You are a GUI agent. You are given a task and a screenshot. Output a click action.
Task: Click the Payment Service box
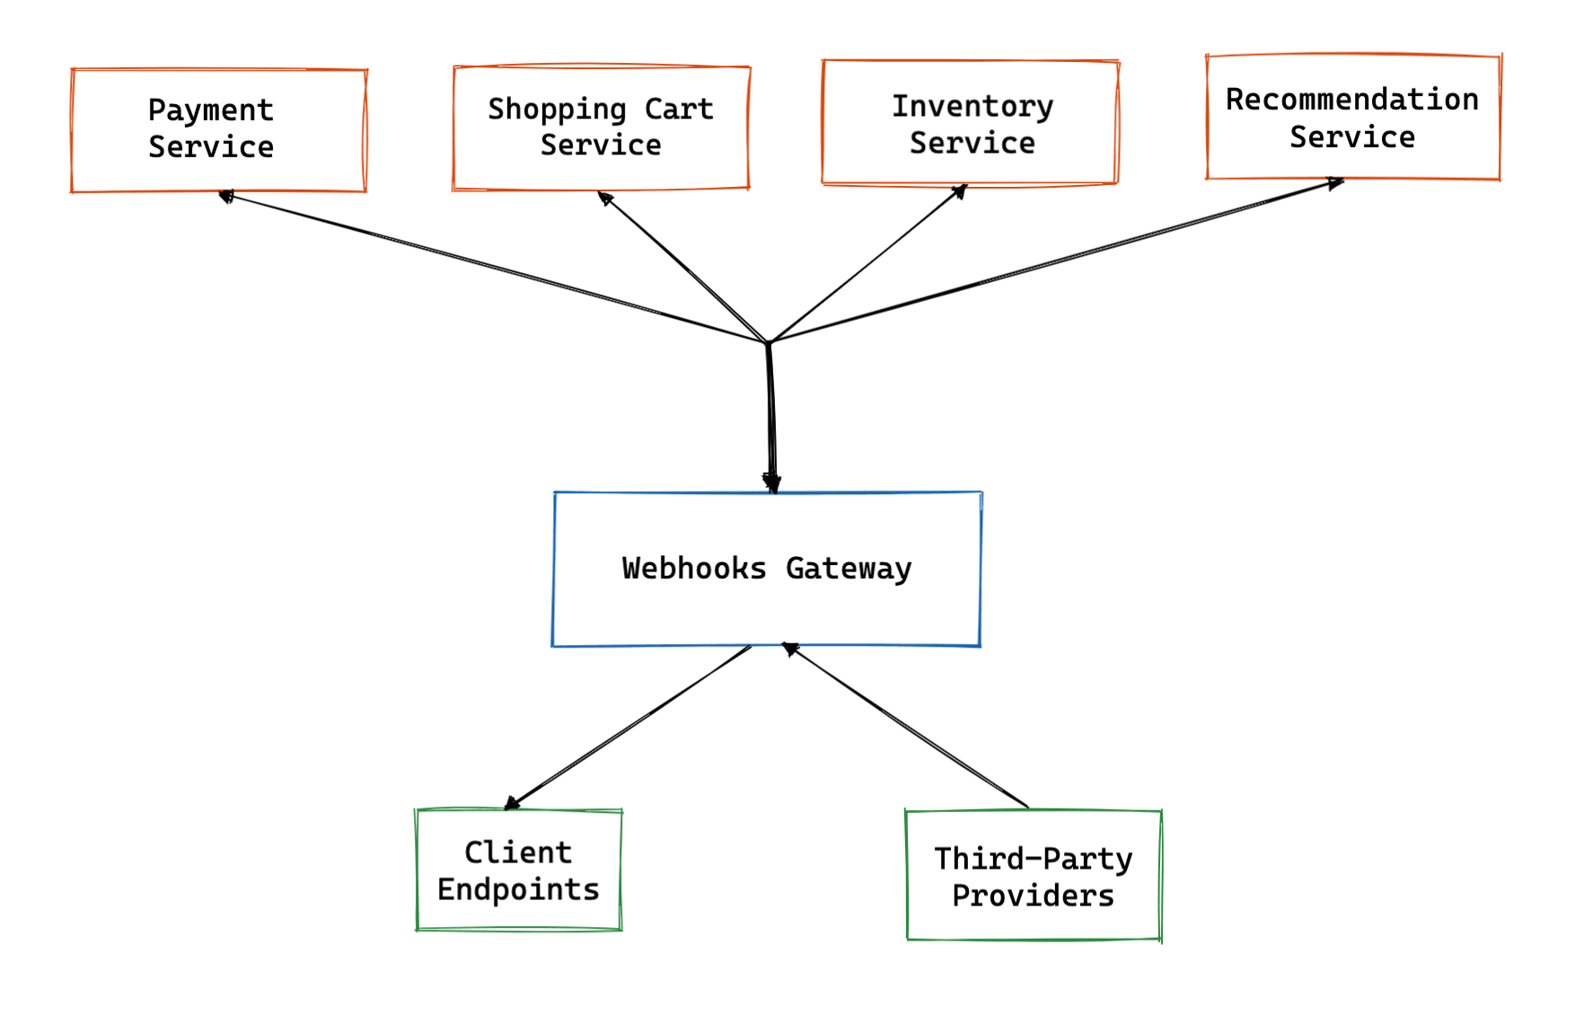[218, 129]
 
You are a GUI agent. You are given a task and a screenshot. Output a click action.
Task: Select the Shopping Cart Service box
[601, 127]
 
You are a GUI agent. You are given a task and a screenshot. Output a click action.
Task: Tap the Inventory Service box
[970, 123]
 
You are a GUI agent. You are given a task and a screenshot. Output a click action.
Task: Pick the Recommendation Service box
[1352, 117]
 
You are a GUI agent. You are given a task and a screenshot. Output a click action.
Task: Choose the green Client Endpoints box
[518, 870]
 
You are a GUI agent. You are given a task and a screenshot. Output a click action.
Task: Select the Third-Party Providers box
[1034, 876]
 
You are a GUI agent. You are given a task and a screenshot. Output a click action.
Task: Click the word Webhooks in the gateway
[694, 569]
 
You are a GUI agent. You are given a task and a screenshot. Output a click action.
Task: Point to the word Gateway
[849, 569]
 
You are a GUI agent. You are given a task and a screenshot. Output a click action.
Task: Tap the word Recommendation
[1352, 99]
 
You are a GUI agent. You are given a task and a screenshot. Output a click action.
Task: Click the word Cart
[679, 109]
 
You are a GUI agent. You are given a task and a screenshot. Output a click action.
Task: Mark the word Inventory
[972, 106]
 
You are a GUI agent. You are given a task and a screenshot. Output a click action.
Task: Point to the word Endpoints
[518, 889]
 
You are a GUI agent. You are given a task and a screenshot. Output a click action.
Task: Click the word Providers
[1033, 896]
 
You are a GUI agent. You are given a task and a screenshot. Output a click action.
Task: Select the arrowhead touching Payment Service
[226, 196]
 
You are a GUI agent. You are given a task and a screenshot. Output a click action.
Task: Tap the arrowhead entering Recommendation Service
[1336, 183]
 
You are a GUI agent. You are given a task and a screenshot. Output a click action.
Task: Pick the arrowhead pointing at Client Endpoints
[513, 802]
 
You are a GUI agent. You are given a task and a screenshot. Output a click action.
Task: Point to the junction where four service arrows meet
[769, 342]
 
